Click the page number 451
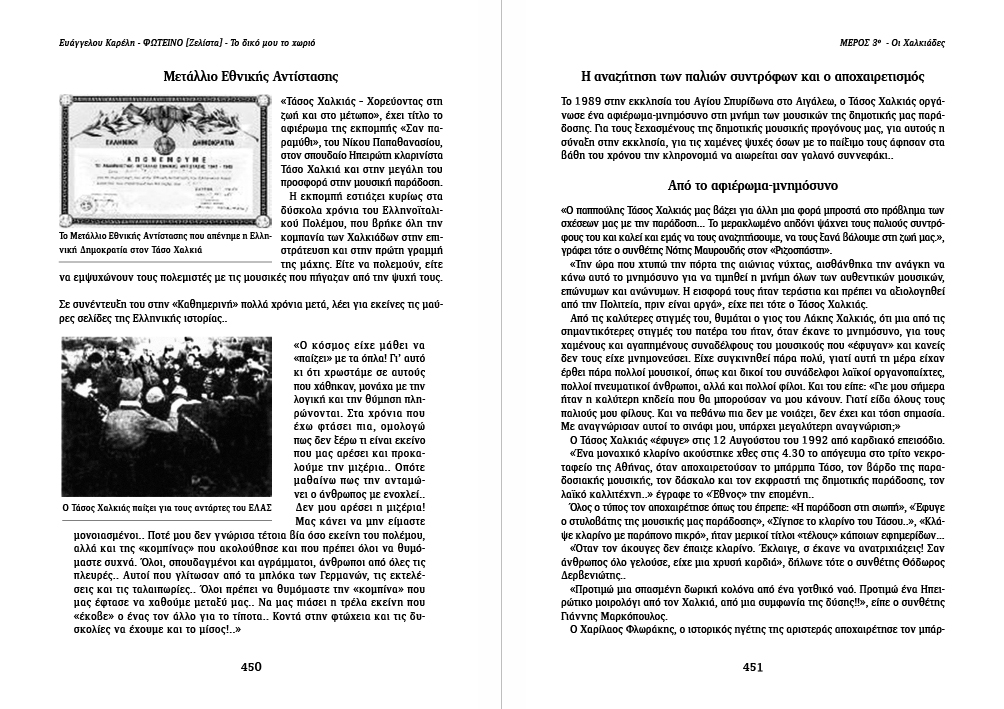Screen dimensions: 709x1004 pos(753,667)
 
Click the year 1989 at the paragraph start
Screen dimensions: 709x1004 pos(587,101)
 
